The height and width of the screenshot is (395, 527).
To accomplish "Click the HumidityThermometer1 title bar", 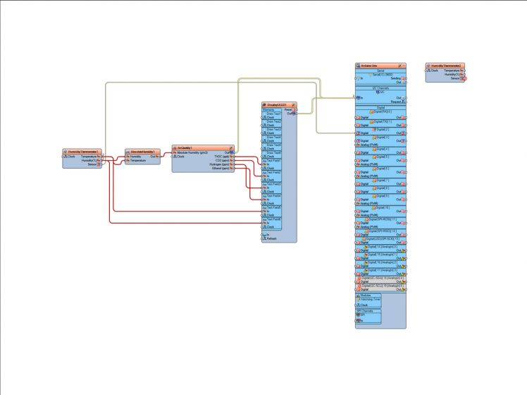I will click(83, 152).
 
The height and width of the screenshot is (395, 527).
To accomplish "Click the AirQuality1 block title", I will click(185, 148).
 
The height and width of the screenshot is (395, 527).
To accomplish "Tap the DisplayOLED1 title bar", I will click(276, 104).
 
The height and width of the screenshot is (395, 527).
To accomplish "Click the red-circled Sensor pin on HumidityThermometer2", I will click(464, 78).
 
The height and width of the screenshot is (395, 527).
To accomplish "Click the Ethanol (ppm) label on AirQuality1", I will click(221, 169).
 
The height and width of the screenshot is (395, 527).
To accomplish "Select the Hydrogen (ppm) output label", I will click(221, 164).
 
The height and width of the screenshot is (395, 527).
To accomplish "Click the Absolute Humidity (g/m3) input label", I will click(192, 152).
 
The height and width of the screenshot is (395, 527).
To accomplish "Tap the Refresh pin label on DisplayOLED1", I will click(272, 238).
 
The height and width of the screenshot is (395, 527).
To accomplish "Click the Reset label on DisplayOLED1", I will click(288, 109).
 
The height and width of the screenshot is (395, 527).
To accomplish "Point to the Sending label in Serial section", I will click(396, 78).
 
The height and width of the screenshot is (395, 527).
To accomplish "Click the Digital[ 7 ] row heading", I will click(381, 181).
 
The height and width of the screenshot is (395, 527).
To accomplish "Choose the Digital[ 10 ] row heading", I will click(381, 208).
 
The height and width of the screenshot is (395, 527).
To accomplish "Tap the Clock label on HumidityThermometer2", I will click(434, 71).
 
